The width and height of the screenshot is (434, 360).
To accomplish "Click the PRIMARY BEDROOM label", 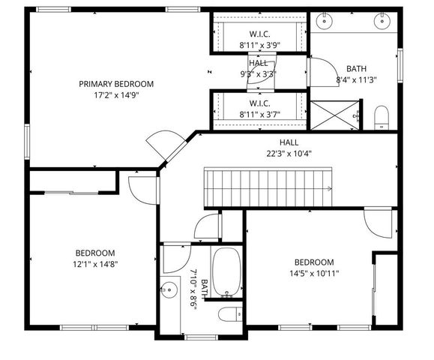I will (x=116, y=83).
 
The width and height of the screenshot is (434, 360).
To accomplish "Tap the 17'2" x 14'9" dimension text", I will (x=116, y=95).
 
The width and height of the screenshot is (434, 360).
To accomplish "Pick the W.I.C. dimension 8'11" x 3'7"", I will (x=259, y=114).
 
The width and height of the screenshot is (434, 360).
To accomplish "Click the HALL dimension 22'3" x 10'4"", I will (x=289, y=153).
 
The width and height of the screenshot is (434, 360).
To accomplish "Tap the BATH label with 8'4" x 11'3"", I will (x=356, y=68).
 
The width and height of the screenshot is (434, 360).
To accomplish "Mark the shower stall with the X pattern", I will (x=334, y=115).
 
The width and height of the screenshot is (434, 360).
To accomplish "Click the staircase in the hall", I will (x=270, y=187).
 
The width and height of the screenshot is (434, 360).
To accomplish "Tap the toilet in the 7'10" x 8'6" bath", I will (x=228, y=313).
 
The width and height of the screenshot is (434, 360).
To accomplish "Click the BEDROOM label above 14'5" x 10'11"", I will (x=313, y=262).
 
